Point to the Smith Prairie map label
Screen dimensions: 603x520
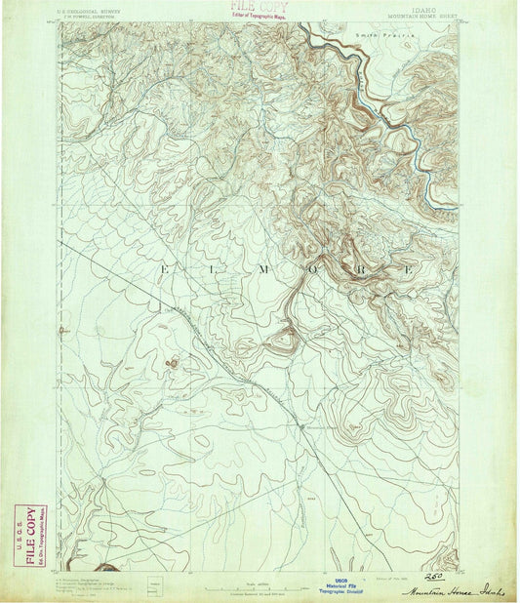click(385, 34)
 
